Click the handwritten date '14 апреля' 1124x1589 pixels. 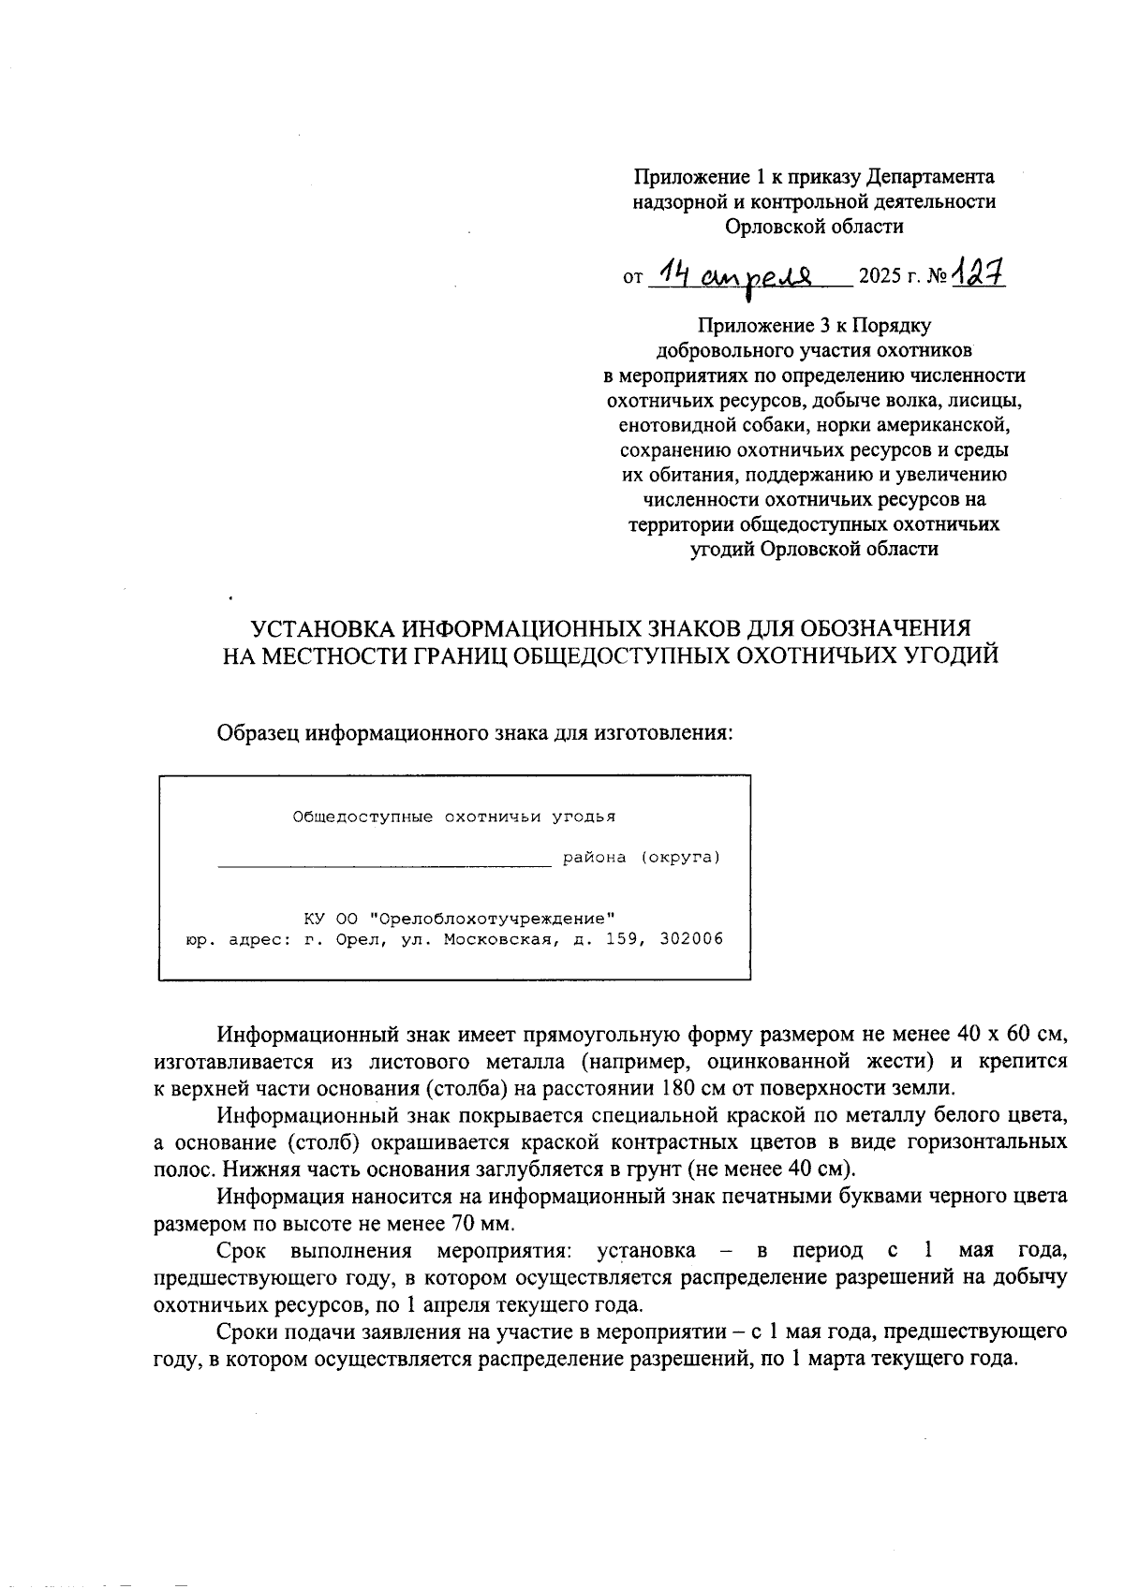pyautogui.click(x=738, y=274)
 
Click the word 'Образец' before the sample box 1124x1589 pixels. pyautogui.click(x=259, y=731)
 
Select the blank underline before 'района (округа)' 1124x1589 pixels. pyautogui.click(x=384, y=862)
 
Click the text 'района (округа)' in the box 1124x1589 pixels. pyautogui.click(x=642, y=857)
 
